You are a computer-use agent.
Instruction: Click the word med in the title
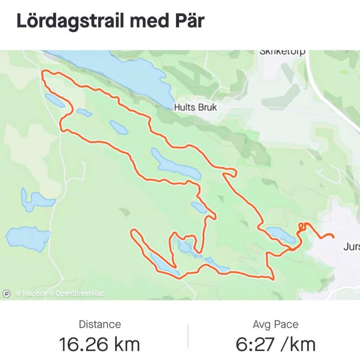tap(147, 21)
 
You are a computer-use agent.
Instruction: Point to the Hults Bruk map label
tap(195, 107)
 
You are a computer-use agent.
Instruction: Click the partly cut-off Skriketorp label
tap(282, 53)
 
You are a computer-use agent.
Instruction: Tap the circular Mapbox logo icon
tap(6, 294)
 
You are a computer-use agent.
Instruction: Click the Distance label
tap(100, 324)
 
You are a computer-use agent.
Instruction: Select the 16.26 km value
tap(99, 345)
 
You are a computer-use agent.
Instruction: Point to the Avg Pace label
tap(275, 324)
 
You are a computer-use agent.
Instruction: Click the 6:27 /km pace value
tap(275, 345)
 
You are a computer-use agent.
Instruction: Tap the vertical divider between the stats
tap(188, 336)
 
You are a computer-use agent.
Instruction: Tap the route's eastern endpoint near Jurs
tap(333, 237)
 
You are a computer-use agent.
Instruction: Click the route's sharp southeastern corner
tap(273, 279)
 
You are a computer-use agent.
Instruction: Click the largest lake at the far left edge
tap(27, 238)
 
